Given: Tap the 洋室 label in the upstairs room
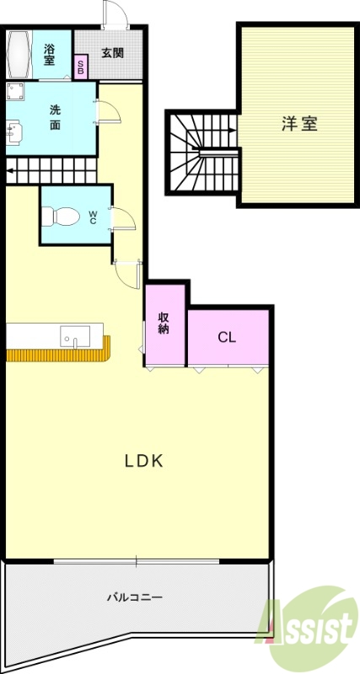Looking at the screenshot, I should pyautogui.click(x=299, y=123).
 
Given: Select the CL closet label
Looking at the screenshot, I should pyautogui.click(x=227, y=338).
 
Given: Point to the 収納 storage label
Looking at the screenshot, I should pyautogui.click(x=164, y=324).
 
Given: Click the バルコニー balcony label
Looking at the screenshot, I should pyautogui.click(x=135, y=596).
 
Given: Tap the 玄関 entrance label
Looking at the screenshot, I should pyautogui.click(x=113, y=52).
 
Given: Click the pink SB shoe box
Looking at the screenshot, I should pyautogui.click(x=81, y=67).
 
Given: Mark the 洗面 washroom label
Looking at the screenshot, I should pyautogui.click(x=55, y=117).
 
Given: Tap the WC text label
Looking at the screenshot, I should pyautogui.click(x=93, y=217).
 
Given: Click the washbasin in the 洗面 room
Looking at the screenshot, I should pyautogui.click(x=14, y=131).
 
